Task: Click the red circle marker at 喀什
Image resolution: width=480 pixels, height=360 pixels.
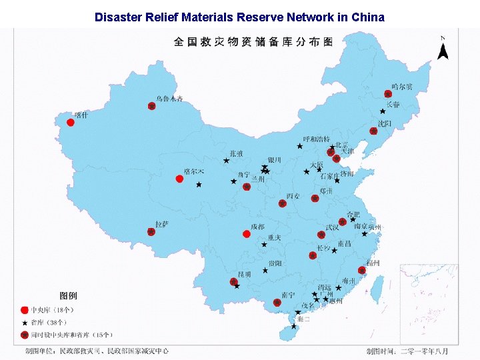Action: click(x=71, y=122)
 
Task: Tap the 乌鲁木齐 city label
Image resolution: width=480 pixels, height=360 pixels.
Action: click(x=169, y=99)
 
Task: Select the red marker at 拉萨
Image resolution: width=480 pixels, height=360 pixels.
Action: click(x=151, y=232)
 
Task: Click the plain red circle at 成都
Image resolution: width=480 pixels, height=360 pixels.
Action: click(x=246, y=234)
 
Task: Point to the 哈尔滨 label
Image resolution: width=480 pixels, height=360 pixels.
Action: click(x=402, y=87)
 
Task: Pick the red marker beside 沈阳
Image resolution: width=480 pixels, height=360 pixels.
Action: click(x=373, y=131)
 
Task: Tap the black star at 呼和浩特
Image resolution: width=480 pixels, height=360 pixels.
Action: click(x=299, y=146)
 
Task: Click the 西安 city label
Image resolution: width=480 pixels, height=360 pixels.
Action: click(x=293, y=196)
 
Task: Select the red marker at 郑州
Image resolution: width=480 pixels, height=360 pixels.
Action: click(x=315, y=198)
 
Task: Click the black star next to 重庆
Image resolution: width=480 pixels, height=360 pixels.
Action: click(x=264, y=245)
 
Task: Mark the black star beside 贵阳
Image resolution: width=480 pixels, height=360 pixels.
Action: click(x=265, y=271)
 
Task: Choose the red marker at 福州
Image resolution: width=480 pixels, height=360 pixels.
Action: click(x=361, y=270)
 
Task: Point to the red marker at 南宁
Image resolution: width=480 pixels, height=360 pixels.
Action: click(x=277, y=303)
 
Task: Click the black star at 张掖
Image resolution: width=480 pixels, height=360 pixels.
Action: click(x=227, y=161)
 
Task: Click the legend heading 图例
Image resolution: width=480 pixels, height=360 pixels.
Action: click(x=68, y=295)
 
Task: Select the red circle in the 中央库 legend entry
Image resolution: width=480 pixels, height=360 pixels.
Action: click(x=25, y=310)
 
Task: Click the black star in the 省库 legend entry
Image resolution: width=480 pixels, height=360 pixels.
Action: click(x=25, y=322)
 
